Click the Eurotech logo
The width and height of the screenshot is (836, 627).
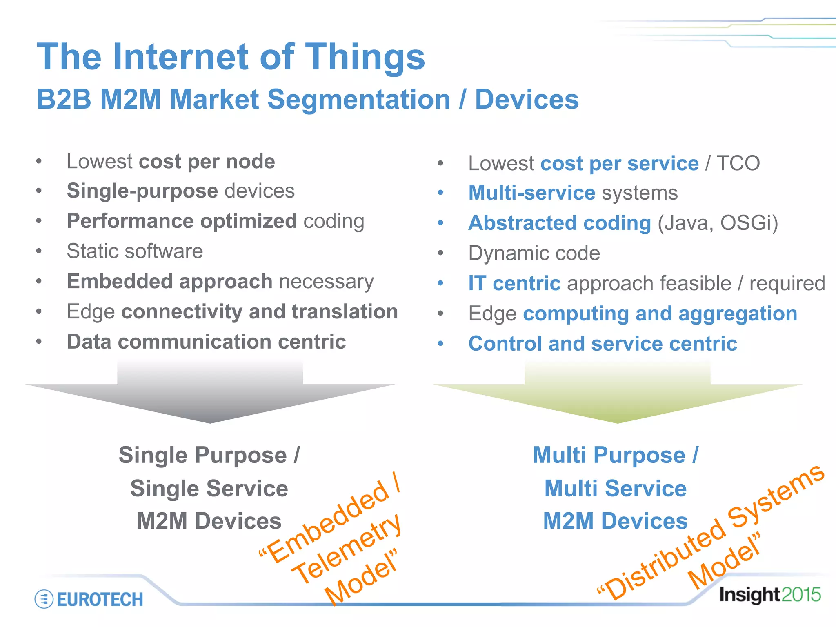tap(89, 599)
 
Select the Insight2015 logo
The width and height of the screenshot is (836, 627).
tap(769, 595)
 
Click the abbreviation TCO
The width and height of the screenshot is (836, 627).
tap(738, 163)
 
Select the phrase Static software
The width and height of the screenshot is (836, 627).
tap(135, 251)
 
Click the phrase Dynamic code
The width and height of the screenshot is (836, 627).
tap(534, 253)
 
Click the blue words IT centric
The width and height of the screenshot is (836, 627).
tap(514, 283)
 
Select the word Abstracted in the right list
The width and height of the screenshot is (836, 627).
tap(522, 223)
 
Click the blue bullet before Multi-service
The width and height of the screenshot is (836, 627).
tap(440, 193)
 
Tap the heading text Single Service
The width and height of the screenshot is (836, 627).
tap(209, 488)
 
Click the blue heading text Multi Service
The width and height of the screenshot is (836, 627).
tap(616, 488)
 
